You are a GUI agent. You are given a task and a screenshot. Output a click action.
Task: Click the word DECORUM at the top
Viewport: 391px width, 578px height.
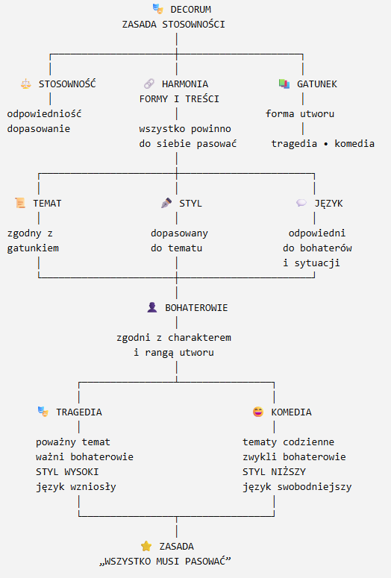click(191, 9)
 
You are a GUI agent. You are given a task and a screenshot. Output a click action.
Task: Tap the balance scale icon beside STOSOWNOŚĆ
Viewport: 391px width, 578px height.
click(26, 84)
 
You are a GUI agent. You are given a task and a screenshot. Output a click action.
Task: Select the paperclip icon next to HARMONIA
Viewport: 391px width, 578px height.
click(149, 84)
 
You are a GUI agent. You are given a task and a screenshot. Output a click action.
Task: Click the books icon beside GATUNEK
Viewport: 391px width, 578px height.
click(284, 84)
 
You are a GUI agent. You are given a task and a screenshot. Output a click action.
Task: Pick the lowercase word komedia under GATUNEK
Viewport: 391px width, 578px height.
click(354, 143)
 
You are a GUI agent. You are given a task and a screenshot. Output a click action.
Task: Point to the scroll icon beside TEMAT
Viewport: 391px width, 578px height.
click(20, 203)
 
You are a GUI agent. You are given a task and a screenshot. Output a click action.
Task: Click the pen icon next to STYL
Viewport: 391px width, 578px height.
click(166, 203)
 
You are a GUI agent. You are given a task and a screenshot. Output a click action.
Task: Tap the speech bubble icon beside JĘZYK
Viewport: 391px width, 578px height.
click(301, 203)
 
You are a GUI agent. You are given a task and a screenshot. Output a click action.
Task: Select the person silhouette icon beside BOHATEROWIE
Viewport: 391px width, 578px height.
click(152, 307)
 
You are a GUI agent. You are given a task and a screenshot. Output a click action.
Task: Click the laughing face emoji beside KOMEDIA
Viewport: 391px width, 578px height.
click(258, 412)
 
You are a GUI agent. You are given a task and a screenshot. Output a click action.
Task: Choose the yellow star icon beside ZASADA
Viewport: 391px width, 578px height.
click(146, 546)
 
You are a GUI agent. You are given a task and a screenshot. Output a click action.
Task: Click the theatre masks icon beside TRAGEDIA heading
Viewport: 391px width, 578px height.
click(43, 412)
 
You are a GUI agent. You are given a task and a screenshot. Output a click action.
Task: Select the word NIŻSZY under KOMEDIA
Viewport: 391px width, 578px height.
click(289, 472)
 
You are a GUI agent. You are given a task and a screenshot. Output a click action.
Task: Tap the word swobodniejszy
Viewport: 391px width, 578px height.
click(314, 487)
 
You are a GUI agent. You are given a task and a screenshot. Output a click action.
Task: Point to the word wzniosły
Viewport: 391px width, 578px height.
click(93, 487)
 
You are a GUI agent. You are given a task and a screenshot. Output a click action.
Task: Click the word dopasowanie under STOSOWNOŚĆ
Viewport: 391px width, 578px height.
click(38, 128)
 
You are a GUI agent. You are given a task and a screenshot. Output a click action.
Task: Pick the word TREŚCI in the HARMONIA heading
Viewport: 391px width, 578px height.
click(202, 98)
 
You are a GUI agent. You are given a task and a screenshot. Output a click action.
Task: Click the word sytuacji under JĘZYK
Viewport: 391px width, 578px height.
click(317, 263)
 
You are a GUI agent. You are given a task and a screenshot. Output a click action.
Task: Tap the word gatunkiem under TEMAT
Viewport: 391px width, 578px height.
click(33, 248)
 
